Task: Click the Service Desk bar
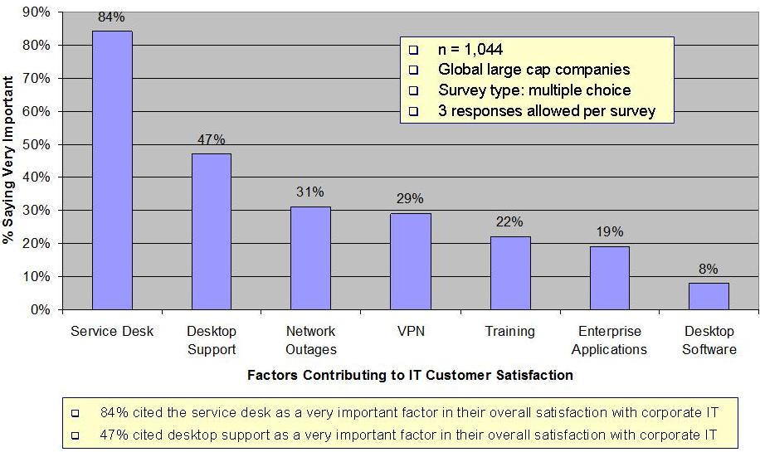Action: pos(112,170)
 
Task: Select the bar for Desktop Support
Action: pos(212,231)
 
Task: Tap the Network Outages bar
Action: pos(310,258)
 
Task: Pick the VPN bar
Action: pos(411,261)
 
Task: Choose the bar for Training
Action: pos(510,273)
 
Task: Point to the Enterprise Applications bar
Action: pos(610,278)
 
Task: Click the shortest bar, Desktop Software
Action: pos(709,296)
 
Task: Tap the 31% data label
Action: pos(310,192)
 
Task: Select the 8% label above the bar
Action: pos(709,269)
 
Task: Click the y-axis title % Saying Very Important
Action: pos(9,160)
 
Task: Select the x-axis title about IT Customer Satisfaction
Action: pos(410,375)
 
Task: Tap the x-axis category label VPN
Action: pos(411,331)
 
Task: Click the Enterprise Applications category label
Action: pos(609,340)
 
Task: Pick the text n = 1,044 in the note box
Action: pos(470,50)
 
